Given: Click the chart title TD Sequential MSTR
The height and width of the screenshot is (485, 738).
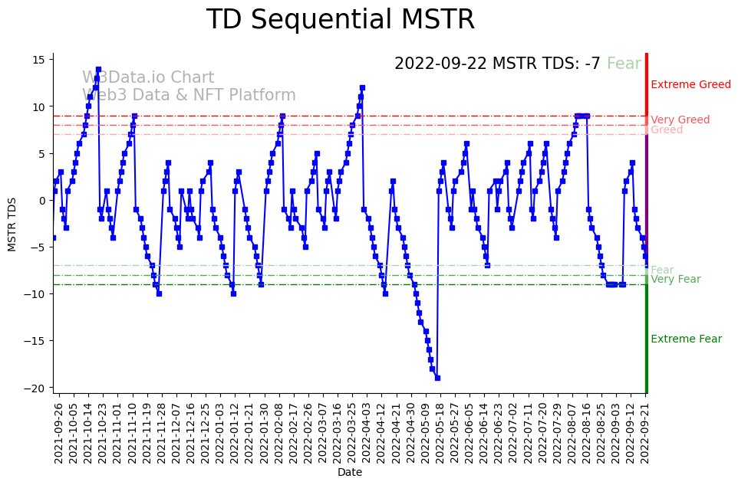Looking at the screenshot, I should pyautogui.click(x=340, y=21).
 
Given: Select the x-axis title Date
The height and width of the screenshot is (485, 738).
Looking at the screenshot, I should pyautogui.click(x=349, y=473).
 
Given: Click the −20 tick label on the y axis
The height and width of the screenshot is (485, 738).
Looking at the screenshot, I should pyautogui.click(x=36, y=388).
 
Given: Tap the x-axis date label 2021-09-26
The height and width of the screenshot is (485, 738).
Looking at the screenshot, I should pyautogui.click(x=58, y=433).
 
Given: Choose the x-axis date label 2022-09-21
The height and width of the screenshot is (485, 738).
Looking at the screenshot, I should pyautogui.click(x=645, y=433).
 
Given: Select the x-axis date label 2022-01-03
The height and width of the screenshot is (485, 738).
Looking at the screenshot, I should pyautogui.click(x=219, y=433).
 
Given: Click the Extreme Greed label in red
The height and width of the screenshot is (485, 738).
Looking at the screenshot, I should pyautogui.click(x=690, y=85).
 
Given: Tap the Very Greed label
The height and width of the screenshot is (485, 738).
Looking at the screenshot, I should pyautogui.click(x=680, y=120).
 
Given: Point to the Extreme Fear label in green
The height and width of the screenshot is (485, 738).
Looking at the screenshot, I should pyautogui.click(x=686, y=339).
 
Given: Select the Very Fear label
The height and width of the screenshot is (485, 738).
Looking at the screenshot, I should pyautogui.click(x=675, y=280).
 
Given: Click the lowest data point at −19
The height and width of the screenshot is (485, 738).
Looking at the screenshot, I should pyautogui.click(x=437, y=378).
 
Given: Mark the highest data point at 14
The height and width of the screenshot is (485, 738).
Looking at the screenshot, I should pyautogui.click(x=98, y=70).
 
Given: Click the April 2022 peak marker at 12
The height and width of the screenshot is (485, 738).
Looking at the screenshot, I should pyautogui.click(x=362, y=88).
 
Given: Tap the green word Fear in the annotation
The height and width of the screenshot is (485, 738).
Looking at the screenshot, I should pyautogui.click(x=624, y=64).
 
